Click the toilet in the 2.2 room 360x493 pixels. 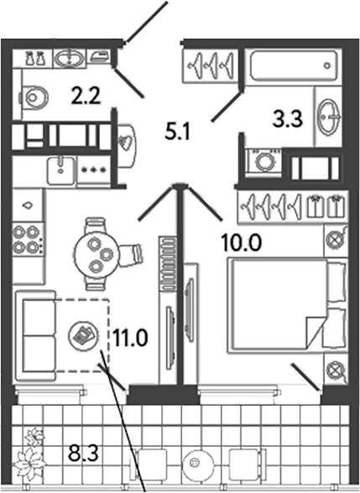[x=34, y=97]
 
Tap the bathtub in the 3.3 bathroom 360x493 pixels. [x=294, y=66]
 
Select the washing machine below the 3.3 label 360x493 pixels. [x=264, y=161]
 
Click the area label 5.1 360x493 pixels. [x=178, y=132]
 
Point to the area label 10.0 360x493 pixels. [x=241, y=243]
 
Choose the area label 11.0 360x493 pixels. [x=130, y=338]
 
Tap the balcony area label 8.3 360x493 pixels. [x=83, y=453]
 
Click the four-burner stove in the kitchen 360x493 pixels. [x=28, y=240]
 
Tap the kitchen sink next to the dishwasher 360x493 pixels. [x=61, y=171]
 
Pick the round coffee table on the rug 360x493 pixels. [x=83, y=335]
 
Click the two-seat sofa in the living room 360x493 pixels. [x=36, y=335]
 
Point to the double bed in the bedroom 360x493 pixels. [x=287, y=304]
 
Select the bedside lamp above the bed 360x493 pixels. [x=336, y=240]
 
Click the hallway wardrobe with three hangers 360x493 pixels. [x=210, y=65]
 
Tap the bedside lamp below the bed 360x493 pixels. [x=336, y=369]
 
